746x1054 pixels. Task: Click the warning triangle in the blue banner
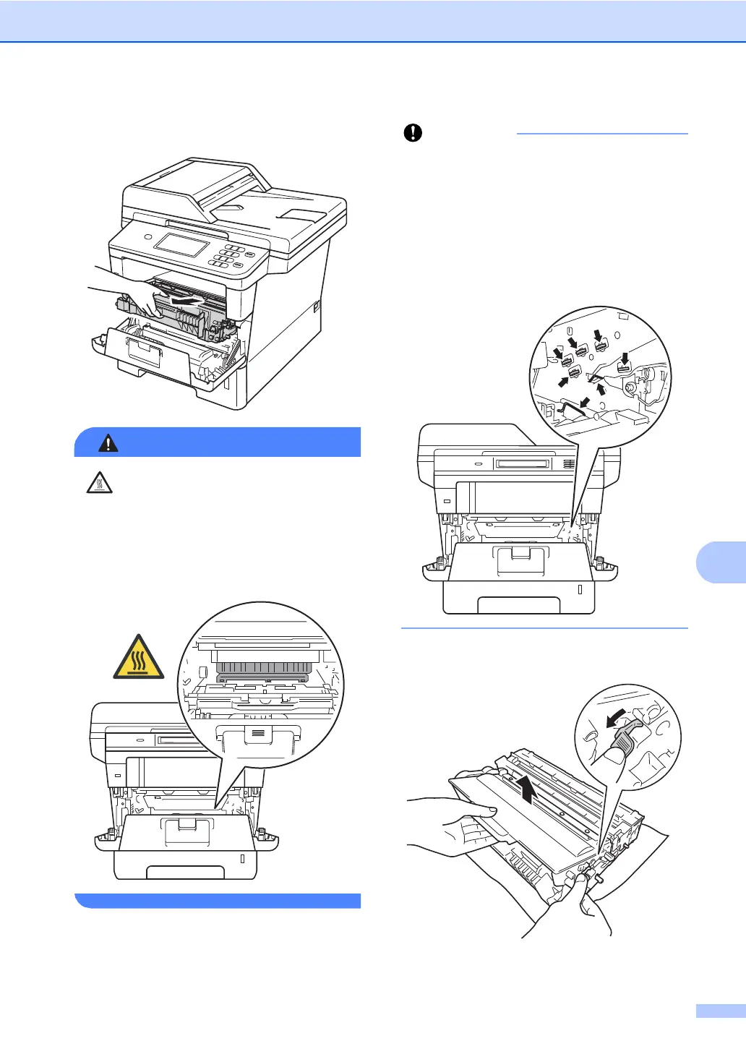click(x=108, y=442)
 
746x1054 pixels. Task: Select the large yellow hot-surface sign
click(x=138, y=658)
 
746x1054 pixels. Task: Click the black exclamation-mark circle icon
click(x=413, y=133)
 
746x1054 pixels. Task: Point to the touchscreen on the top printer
click(x=181, y=244)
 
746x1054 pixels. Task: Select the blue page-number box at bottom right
click(x=721, y=1011)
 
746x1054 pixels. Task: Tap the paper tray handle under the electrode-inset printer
click(x=518, y=606)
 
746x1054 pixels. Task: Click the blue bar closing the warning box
click(x=218, y=900)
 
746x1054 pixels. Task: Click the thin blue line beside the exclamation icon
click(x=602, y=134)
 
